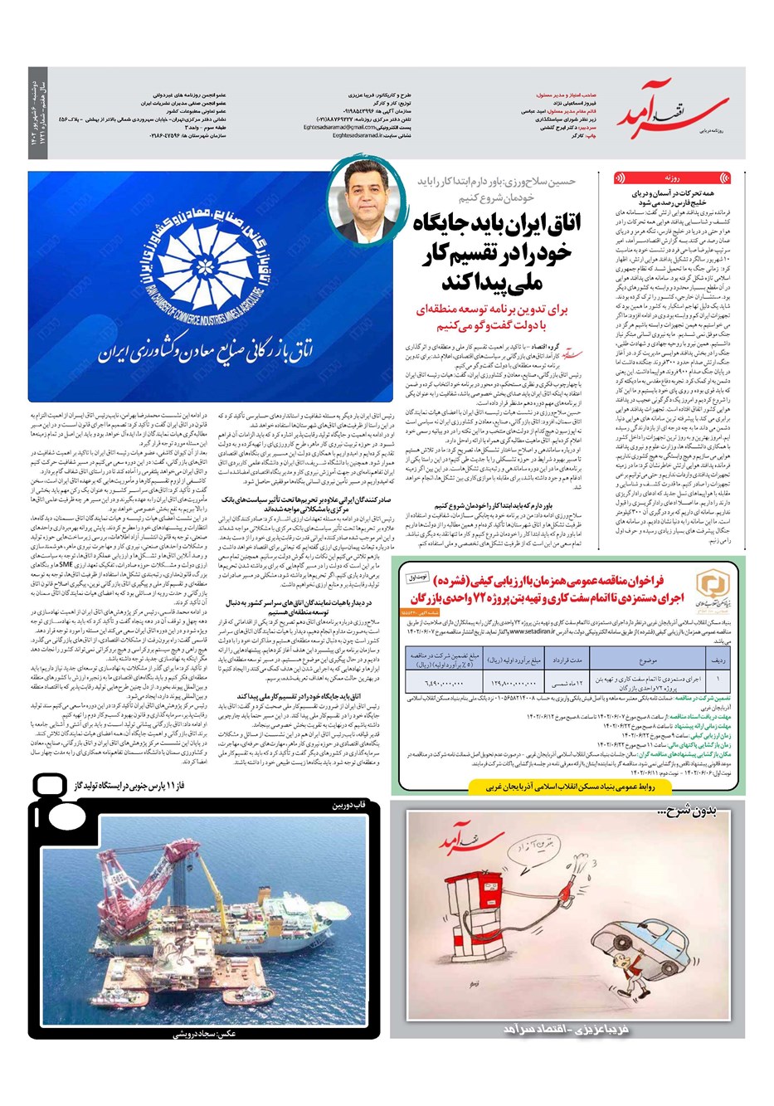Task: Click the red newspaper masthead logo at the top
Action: click(x=680, y=116)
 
